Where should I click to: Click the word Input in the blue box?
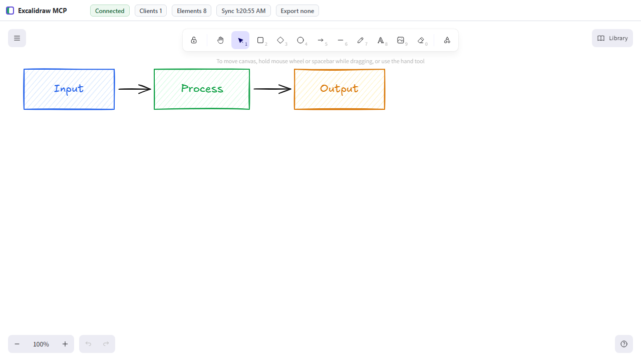[69, 89]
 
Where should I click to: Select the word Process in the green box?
[202, 89]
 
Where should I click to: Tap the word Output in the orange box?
[339, 89]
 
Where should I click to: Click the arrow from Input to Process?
[135, 89]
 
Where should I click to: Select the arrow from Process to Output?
[272, 89]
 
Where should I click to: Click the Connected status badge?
[110, 11]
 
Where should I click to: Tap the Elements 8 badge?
[191, 11]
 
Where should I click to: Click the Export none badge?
[297, 11]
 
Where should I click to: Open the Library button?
[612, 38]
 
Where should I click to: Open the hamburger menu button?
[17, 38]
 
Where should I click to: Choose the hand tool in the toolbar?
[220, 40]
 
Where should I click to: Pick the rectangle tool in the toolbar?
[260, 40]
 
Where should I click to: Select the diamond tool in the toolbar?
[280, 40]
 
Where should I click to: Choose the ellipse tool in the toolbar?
[300, 40]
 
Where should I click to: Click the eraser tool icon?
[421, 41]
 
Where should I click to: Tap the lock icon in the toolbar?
[194, 40]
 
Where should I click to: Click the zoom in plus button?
[65, 344]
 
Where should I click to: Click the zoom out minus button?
[17, 344]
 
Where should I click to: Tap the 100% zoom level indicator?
[41, 344]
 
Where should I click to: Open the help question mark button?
[624, 344]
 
